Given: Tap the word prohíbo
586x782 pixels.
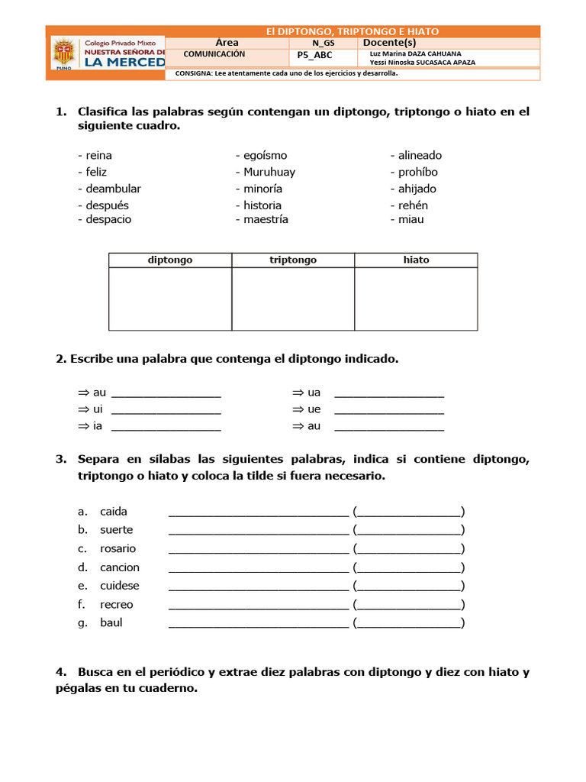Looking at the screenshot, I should pyautogui.click(x=417, y=172).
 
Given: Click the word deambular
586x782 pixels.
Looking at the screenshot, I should pyautogui.click(x=112, y=189).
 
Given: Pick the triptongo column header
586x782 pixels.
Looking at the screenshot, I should pyautogui.click(x=293, y=260).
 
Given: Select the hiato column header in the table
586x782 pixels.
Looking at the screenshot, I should pyautogui.click(x=416, y=260).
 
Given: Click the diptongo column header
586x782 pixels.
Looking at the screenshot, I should pyautogui.click(x=170, y=260).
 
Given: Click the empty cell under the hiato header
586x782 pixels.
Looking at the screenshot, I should pyautogui.click(x=416, y=299).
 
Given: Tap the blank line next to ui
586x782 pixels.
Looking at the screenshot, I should pyautogui.click(x=166, y=409).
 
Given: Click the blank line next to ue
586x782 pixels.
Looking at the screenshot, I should pyautogui.click(x=389, y=409).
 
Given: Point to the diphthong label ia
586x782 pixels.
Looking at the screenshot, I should pyautogui.click(x=98, y=426).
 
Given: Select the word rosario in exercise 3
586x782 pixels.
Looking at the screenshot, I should pyautogui.click(x=118, y=548).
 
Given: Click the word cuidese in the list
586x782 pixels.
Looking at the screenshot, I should pyautogui.click(x=120, y=586).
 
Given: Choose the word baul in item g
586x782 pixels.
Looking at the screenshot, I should pyautogui.click(x=111, y=622).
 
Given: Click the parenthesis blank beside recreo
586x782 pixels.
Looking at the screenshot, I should pyautogui.click(x=409, y=605).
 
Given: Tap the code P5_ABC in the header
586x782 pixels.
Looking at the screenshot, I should pyautogui.click(x=314, y=56).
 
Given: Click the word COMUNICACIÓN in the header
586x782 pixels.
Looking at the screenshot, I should pyautogui.click(x=214, y=54).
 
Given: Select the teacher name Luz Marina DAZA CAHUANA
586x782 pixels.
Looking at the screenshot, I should pyautogui.click(x=415, y=53).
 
